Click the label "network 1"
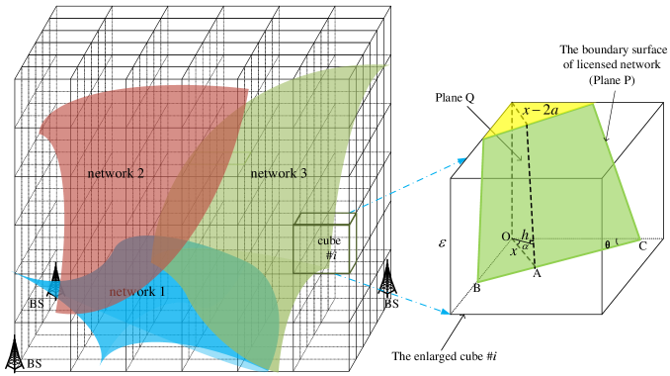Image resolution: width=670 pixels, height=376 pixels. (x=137, y=292)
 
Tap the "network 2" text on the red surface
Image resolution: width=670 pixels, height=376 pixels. (x=116, y=173)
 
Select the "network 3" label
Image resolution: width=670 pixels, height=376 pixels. (x=278, y=173)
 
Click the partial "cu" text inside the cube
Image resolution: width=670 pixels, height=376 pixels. (x=325, y=240)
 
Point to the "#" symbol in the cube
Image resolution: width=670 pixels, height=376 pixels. (x=328, y=255)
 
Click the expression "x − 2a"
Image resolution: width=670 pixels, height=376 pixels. (x=541, y=110)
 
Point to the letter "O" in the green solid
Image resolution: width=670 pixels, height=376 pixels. (x=506, y=236)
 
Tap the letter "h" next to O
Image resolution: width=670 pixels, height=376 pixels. (x=525, y=235)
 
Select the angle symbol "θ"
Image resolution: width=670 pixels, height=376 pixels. (x=607, y=243)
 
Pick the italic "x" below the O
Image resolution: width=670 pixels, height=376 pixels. (x=514, y=252)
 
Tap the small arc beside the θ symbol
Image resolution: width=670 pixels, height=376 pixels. (x=617, y=240)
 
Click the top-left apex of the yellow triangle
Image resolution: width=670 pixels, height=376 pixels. (x=511, y=103)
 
